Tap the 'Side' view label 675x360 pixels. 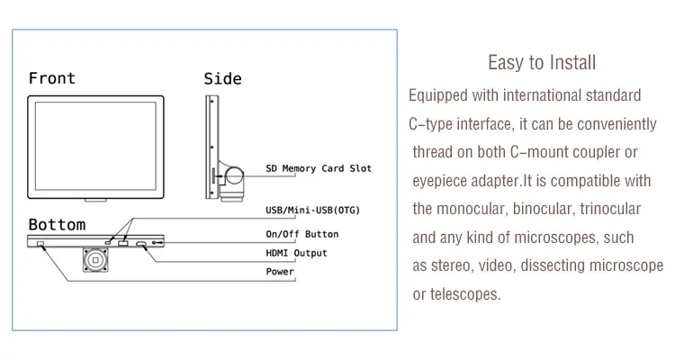click(222, 78)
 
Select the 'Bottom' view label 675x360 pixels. click(57, 224)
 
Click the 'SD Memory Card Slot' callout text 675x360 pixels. click(319, 168)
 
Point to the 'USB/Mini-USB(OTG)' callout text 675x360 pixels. click(318, 211)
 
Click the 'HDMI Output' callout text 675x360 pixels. click(297, 253)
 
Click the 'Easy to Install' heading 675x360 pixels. click(541, 63)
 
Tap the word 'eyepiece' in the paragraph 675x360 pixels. click(439, 181)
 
